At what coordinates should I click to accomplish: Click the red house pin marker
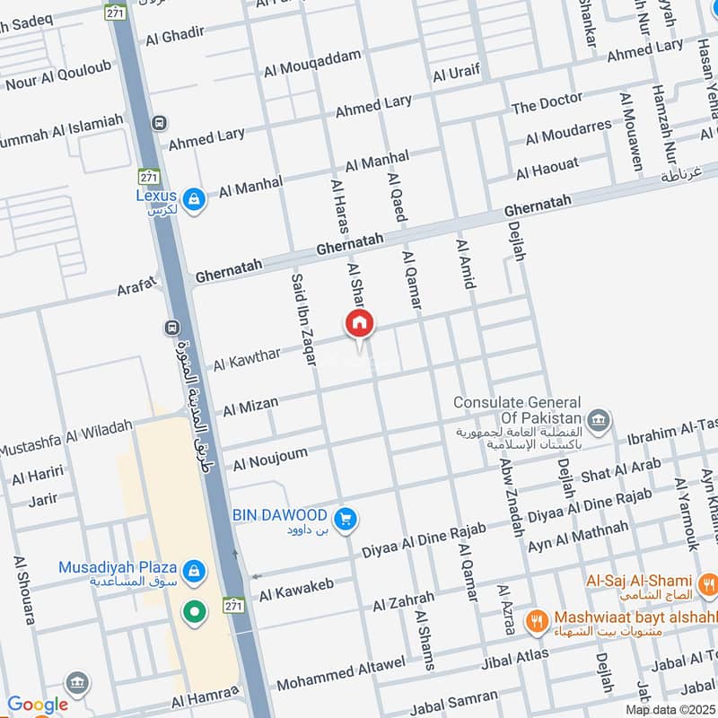click(360, 324)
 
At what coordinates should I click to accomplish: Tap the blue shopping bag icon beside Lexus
click(192, 198)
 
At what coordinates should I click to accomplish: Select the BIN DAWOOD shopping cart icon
click(345, 518)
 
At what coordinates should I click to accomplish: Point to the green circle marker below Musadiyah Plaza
click(194, 614)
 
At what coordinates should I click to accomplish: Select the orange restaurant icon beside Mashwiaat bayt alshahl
click(538, 619)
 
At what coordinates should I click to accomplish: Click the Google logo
click(38, 705)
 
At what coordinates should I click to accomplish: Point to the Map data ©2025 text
click(669, 709)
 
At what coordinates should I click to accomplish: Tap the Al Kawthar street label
click(247, 358)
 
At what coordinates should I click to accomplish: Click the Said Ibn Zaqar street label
click(303, 319)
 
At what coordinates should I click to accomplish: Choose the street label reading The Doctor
click(547, 104)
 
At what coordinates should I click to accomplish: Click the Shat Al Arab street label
click(620, 470)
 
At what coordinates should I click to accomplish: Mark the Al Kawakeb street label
click(296, 590)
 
